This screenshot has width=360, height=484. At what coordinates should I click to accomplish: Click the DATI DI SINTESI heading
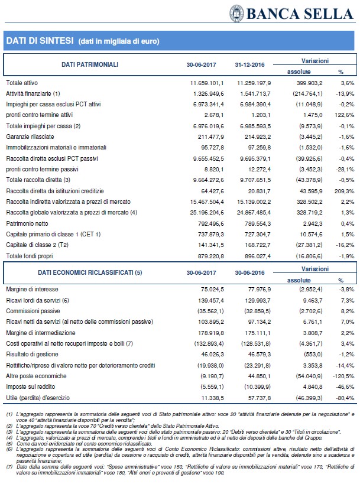[40, 40]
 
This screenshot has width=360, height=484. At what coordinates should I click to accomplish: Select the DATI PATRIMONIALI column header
[90, 64]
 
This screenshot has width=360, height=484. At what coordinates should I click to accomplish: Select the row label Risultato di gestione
[31, 355]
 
